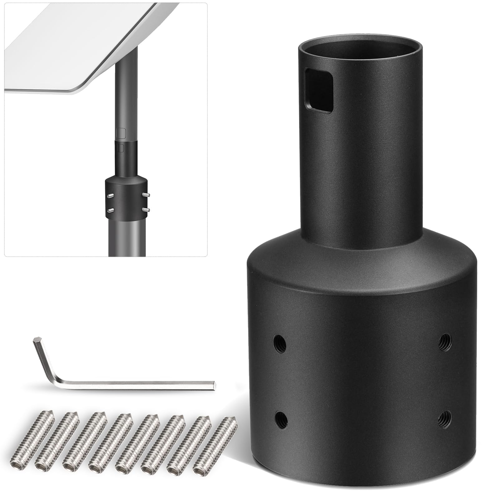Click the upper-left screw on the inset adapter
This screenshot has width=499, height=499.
110,196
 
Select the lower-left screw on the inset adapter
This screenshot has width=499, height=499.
110,209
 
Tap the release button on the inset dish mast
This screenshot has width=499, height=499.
121,133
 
